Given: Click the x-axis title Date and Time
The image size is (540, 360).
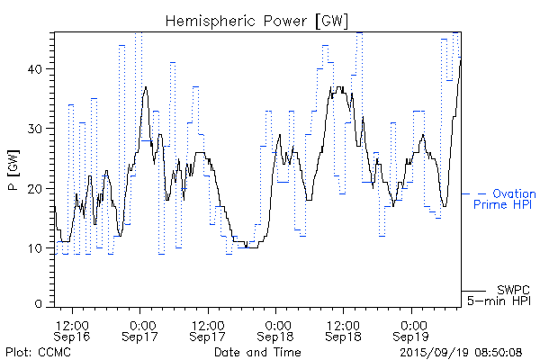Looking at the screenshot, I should (x=251, y=351).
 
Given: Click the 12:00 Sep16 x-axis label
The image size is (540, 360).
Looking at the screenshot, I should (x=72, y=329).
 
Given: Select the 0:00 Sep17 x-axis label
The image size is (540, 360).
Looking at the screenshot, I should (x=140, y=329).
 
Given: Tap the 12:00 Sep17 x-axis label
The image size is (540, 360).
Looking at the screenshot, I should (x=208, y=329).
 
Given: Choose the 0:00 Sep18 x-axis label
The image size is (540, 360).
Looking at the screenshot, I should (x=276, y=329).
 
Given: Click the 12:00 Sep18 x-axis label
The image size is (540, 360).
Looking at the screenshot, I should (x=344, y=329).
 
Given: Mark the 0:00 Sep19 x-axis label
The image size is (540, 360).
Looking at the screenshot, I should (x=412, y=329).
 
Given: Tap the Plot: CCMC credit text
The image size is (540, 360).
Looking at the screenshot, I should (x=32, y=351).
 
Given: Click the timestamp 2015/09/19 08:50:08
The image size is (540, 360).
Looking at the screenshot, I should (x=462, y=351).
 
